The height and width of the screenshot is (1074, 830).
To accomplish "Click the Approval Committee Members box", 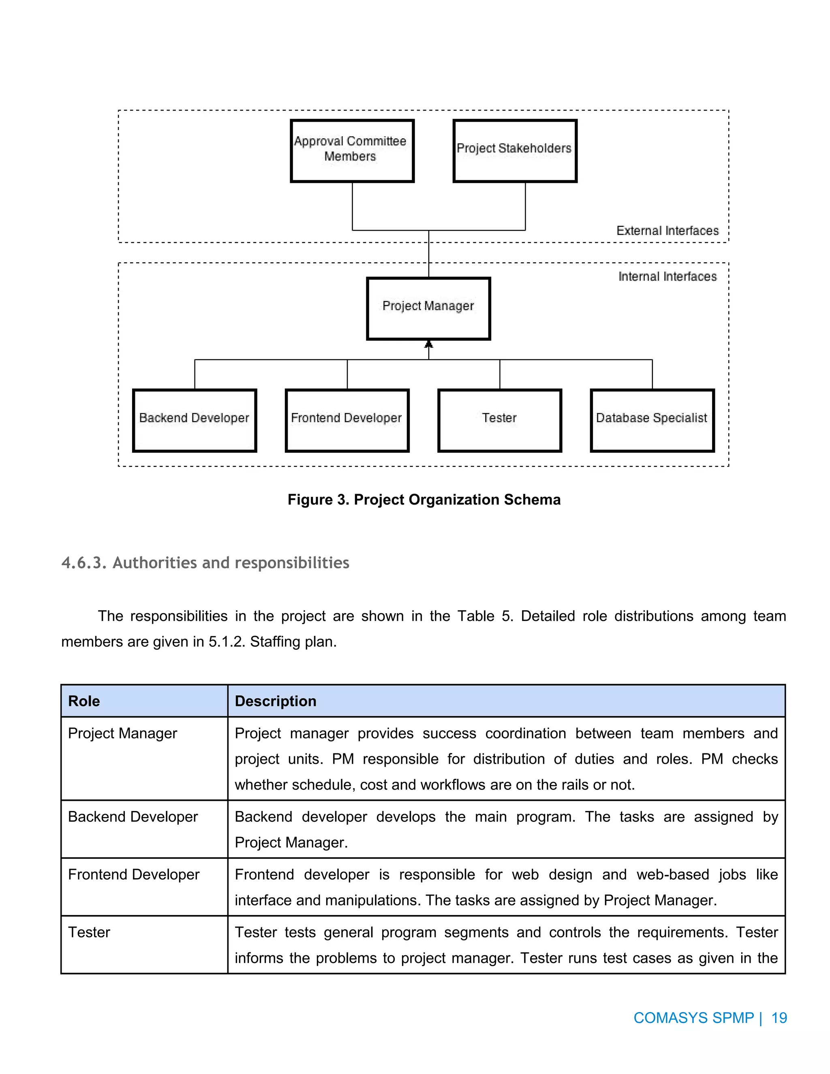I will click(x=352, y=150).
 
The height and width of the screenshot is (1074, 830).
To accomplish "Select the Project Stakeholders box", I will click(x=514, y=150).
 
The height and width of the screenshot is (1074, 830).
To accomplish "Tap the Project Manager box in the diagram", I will click(x=428, y=308).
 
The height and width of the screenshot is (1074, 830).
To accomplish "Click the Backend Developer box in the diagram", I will click(x=194, y=420).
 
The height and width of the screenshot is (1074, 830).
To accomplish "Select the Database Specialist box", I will click(x=652, y=420).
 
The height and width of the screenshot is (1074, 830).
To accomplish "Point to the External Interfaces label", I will click(x=667, y=231).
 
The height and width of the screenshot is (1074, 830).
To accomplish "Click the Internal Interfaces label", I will click(x=667, y=276).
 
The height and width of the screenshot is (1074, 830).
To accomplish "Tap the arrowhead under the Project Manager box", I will click(x=428, y=344).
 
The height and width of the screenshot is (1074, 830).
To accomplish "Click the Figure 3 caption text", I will click(x=424, y=500).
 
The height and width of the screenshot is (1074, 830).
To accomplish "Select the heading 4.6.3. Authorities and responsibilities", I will click(x=205, y=563).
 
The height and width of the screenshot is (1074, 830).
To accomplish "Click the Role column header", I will click(x=84, y=701).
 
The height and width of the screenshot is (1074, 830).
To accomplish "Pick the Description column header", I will click(x=275, y=701).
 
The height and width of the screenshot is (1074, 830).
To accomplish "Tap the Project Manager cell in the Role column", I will click(x=122, y=733).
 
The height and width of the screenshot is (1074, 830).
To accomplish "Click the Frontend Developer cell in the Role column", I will click(x=134, y=874).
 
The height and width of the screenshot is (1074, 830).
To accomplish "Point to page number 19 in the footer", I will click(x=779, y=1017).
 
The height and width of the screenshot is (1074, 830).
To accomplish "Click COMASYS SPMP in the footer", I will click(x=693, y=1017).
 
